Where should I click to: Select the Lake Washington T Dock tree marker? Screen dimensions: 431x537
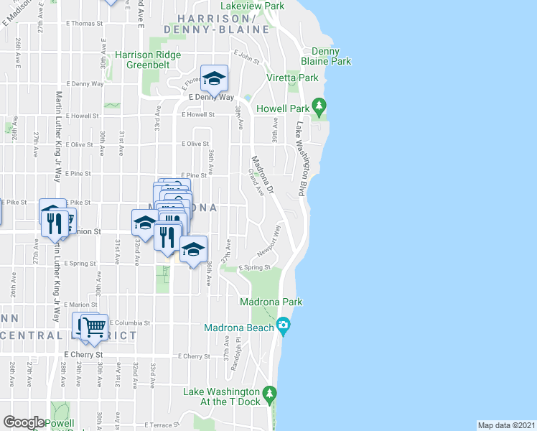tap(270, 394)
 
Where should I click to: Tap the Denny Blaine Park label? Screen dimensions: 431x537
tap(331, 56)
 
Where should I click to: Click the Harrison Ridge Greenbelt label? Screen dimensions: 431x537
tap(149, 60)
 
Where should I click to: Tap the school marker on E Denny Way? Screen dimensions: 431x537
tap(214, 78)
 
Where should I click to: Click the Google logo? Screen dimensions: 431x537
tap(24, 422)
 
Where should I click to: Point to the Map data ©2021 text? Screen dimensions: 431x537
tap(507, 425)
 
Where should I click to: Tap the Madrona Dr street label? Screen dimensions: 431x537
tap(261, 175)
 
